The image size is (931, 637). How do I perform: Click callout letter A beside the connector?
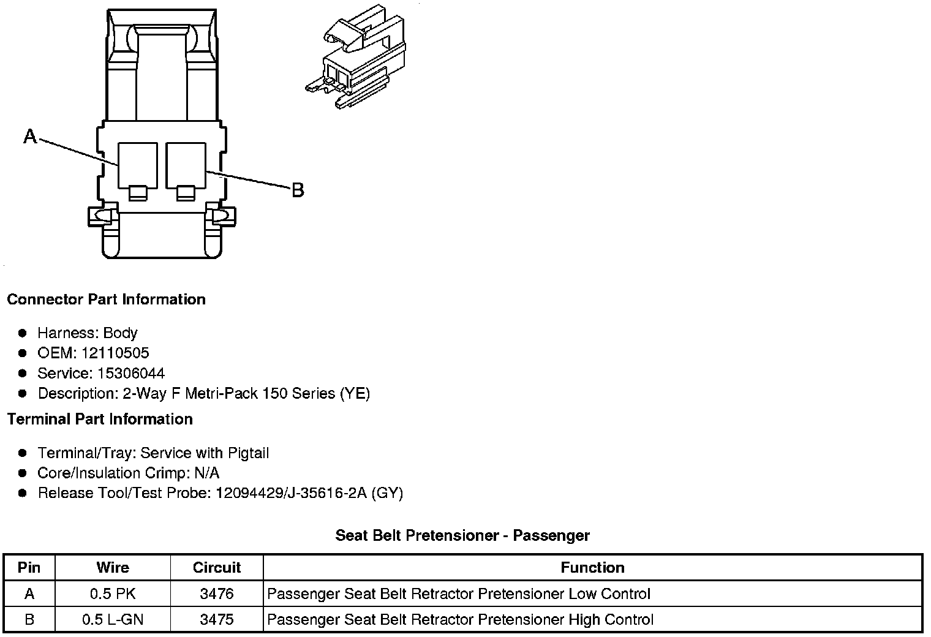click(30, 136)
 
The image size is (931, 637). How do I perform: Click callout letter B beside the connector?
click(298, 190)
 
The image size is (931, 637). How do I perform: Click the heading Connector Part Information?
click(106, 300)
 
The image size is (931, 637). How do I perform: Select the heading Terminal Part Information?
click(100, 419)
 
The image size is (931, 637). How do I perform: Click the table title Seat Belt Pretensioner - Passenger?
click(462, 535)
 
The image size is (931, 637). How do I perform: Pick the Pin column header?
click(29, 567)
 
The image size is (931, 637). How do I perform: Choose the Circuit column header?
click(217, 567)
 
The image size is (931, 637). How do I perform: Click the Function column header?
click(592, 567)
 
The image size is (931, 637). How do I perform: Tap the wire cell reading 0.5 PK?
click(113, 594)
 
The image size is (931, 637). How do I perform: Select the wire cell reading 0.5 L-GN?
click(113, 619)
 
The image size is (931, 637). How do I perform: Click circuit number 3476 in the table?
click(217, 594)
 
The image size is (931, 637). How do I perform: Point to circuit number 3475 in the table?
click(217, 619)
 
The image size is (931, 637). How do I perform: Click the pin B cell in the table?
click(29, 619)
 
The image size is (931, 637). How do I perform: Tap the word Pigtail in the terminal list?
click(248, 453)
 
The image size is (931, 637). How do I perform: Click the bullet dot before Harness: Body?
click(23, 333)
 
